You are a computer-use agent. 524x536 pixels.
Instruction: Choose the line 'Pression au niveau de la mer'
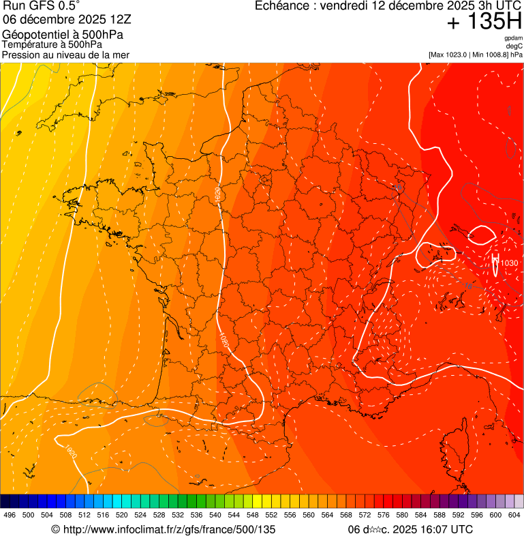point(65,55)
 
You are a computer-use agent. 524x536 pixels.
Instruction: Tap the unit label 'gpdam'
point(514,38)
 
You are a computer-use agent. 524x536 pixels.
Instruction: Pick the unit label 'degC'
point(515,46)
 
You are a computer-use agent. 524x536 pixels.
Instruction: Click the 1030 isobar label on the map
point(508,263)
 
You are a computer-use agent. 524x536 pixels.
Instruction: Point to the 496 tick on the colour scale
point(10,515)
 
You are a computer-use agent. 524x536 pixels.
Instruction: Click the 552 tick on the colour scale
point(271,515)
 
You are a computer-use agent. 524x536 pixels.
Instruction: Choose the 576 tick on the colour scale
point(383,515)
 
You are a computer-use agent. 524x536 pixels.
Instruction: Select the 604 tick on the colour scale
point(514,515)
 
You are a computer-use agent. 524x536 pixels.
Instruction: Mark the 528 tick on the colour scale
point(159,515)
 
